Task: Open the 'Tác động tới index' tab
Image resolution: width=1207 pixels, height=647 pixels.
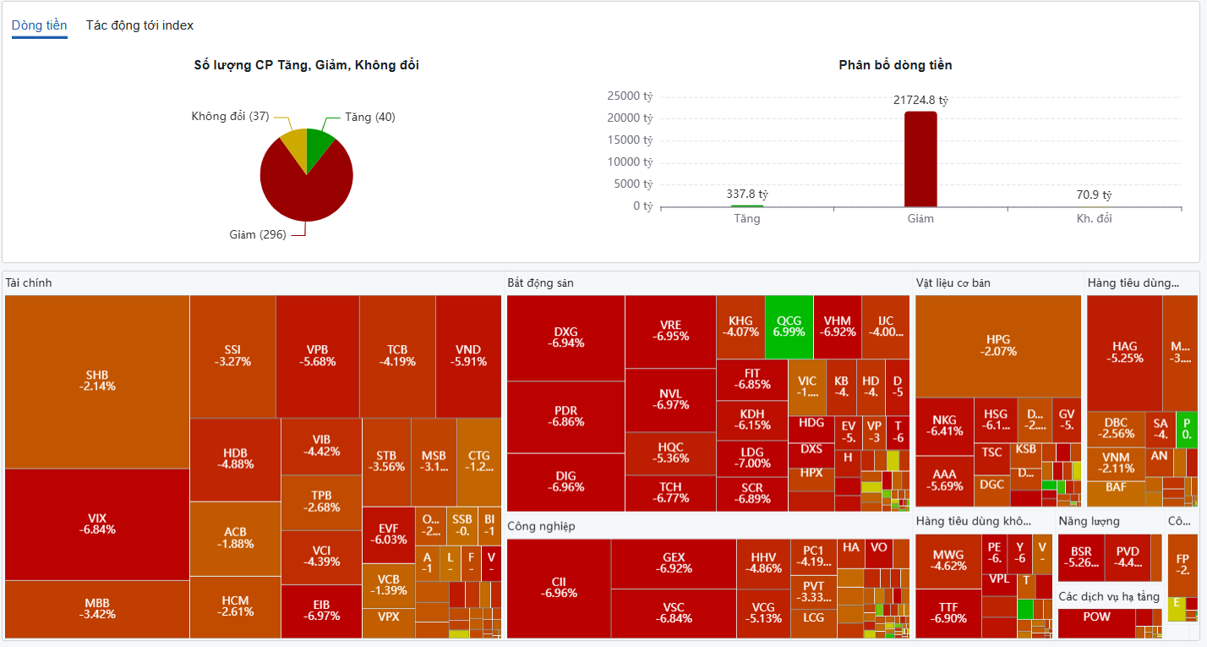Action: (139, 25)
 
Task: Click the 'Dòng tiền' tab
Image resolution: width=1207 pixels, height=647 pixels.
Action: (40, 25)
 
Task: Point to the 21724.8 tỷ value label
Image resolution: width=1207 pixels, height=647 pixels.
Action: (920, 100)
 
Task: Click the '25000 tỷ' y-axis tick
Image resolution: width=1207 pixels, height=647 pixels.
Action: (630, 96)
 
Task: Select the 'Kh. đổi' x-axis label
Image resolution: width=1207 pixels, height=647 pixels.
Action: (1094, 218)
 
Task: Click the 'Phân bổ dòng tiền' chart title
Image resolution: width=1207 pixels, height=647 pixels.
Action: (895, 65)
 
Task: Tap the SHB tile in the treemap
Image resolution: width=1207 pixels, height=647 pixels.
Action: (97, 381)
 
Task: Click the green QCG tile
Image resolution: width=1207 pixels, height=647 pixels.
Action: (789, 326)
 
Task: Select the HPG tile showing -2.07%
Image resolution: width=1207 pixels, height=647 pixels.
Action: (998, 345)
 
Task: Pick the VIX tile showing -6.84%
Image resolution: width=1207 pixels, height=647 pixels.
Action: (97, 524)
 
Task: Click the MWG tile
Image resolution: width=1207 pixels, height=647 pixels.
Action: (948, 561)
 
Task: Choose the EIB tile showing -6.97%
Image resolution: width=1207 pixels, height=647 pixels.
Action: (321, 610)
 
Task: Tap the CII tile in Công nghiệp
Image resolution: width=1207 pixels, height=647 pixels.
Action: (559, 588)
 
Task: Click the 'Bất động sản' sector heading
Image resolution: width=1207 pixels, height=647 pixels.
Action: (540, 282)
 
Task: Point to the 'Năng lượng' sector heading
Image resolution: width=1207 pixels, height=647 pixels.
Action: (1089, 521)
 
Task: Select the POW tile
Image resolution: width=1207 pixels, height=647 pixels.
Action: (1096, 617)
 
